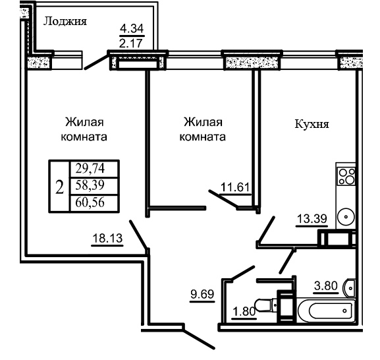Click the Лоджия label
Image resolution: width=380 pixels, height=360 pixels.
[65, 22]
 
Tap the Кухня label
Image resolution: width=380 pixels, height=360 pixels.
[312, 124]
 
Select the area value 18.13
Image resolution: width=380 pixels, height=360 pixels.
[107, 238]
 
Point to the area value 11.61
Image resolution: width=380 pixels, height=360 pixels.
[235, 187]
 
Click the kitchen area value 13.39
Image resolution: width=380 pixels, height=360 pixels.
[312, 219]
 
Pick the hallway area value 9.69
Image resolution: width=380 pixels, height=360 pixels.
[202, 294]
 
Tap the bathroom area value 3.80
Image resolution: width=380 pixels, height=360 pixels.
[326, 285]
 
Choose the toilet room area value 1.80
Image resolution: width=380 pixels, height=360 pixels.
[244, 311]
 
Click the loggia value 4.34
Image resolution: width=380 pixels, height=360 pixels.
[132, 28]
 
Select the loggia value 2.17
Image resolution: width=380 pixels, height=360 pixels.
[130, 44]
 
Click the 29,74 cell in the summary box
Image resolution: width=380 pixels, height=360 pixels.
[90, 168]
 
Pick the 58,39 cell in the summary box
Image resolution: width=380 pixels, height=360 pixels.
[90, 185]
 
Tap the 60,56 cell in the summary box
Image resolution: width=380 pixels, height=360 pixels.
[90, 202]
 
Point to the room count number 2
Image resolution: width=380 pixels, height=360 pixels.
[59, 187]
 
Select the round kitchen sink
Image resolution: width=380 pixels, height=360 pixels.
[346, 216]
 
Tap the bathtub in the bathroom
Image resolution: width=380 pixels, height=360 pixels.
[326, 311]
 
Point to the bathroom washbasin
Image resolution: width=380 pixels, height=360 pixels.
[349, 288]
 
